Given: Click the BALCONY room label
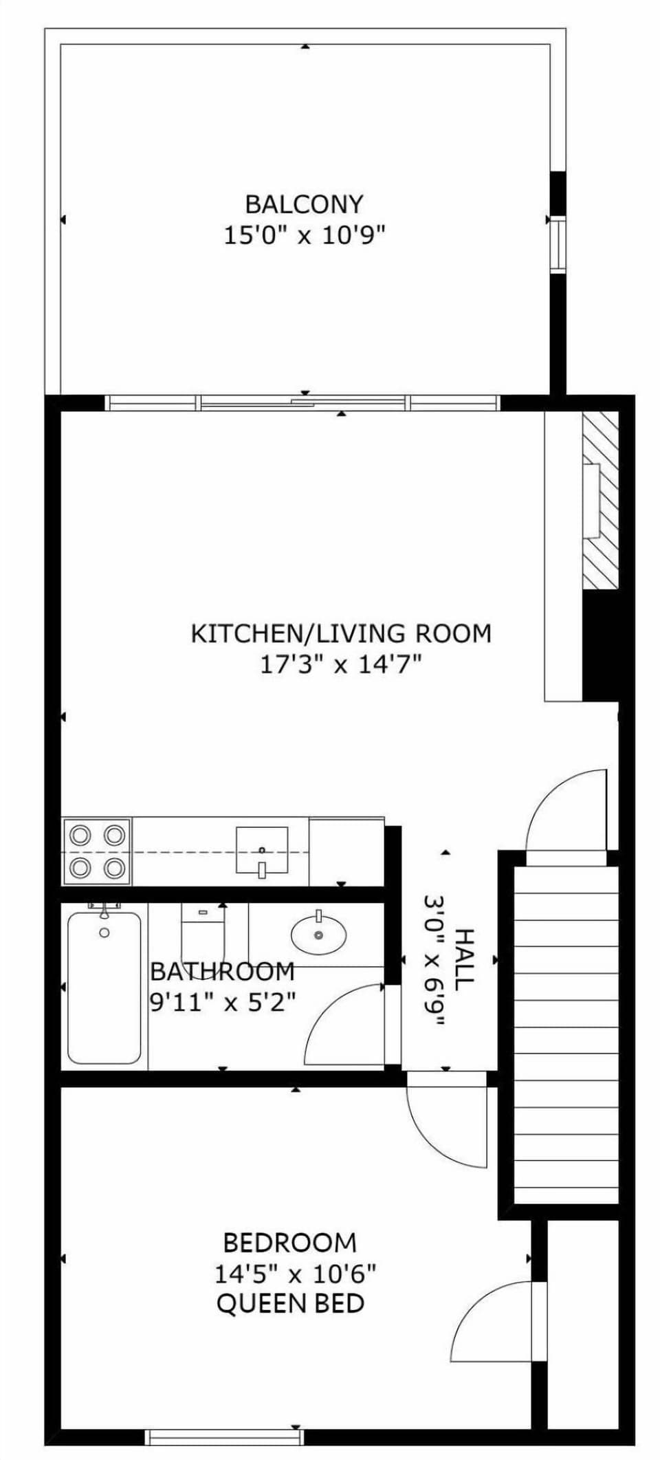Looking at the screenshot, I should click(304, 204).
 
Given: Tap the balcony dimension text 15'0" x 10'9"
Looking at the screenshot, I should click(304, 236).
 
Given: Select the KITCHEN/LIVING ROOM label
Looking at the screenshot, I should click(341, 633).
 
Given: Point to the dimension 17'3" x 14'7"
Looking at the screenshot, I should click(340, 665).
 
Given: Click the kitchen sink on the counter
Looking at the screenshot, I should click(262, 851).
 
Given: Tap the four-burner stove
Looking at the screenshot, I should click(97, 851).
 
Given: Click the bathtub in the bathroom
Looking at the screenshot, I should click(104, 987).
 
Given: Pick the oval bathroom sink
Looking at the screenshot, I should click(318, 934).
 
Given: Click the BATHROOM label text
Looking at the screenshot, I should click(222, 972).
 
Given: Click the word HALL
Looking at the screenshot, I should click(465, 959).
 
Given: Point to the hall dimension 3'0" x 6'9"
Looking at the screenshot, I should click(434, 960).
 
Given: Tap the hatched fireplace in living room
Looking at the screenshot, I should click(600, 499).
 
